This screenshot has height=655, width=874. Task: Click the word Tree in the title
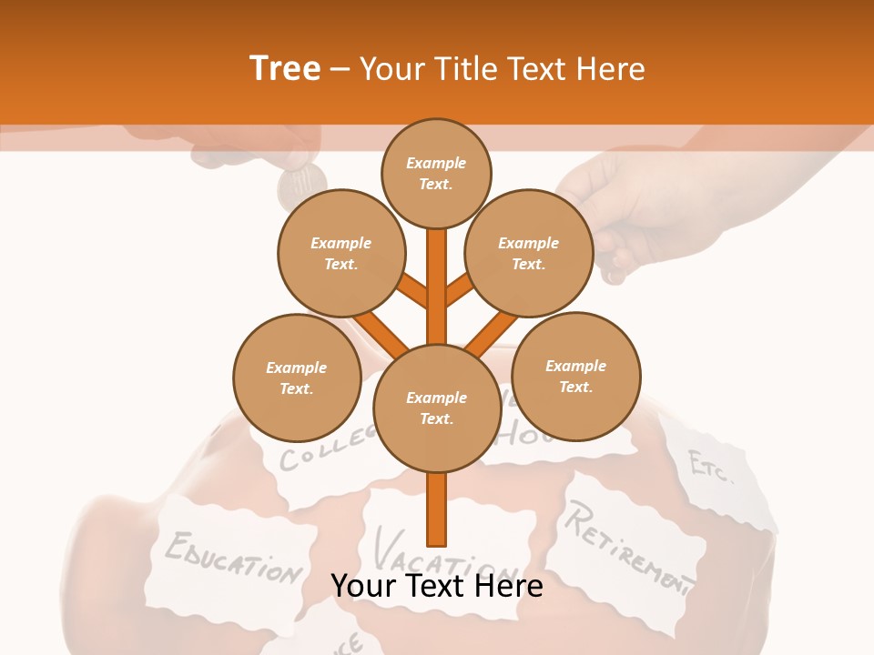[285, 69]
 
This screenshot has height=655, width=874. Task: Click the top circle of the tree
[436, 173]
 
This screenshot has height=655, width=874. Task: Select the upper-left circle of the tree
[340, 254]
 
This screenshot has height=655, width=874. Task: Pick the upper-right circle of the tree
[528, 254]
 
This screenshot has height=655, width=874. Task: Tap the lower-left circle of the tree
[297, 378]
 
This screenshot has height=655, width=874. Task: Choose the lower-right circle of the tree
[575, 377]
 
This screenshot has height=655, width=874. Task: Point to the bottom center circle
[437, 408]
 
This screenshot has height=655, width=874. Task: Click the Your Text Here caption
[437, 586]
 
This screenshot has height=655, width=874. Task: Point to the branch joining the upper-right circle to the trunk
[461, 291]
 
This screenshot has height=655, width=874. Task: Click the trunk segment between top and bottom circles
[437, 287]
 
